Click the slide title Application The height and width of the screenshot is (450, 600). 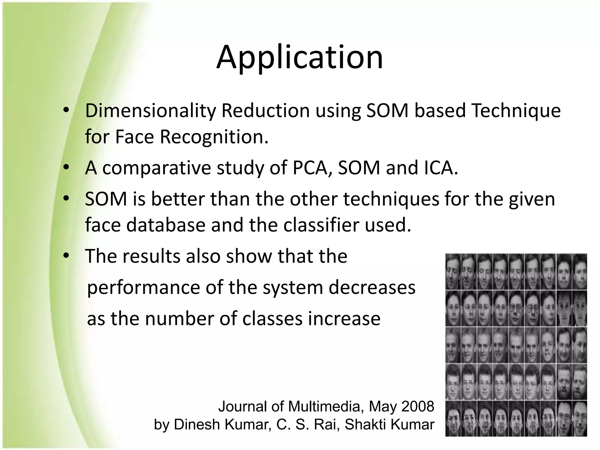[x=299, y=57]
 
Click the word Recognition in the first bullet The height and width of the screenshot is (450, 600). [x=214, y=137]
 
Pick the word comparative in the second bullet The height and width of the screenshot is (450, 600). [x=156, y=168]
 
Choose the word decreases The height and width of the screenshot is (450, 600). [x=372, y=288]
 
